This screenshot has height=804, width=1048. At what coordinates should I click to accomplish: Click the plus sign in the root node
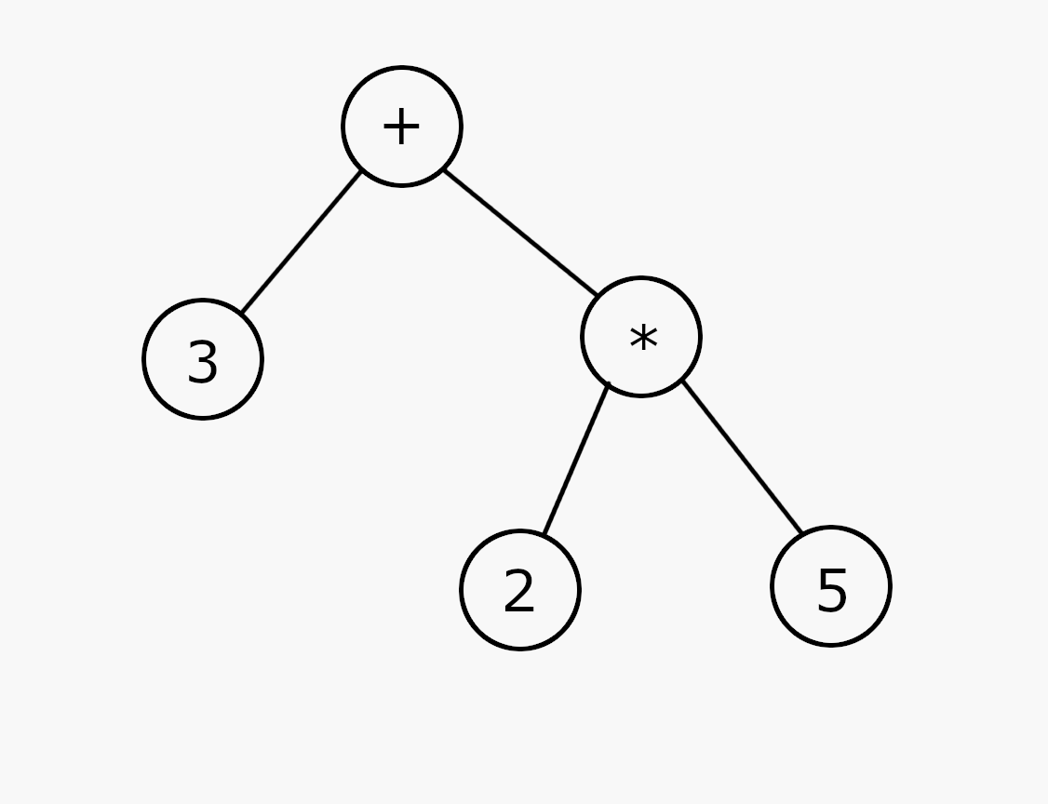[401, 126]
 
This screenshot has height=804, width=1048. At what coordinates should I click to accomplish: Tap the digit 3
[203, 362]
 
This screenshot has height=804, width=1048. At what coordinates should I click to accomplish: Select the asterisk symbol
[644, 338]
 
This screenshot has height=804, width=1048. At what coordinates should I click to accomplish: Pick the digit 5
[832, 589]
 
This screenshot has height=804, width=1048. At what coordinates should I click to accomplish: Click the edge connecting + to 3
[302, 242]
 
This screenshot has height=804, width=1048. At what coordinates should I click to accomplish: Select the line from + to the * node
[520, 233]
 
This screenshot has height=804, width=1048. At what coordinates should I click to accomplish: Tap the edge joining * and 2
[577, 459]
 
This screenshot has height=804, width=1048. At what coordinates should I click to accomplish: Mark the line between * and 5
[742, 457]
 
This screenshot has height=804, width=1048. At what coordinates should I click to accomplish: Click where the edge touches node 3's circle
[242, 313]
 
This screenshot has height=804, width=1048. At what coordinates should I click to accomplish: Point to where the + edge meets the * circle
[598, 295]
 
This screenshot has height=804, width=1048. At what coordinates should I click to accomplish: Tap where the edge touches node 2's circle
[544, 535]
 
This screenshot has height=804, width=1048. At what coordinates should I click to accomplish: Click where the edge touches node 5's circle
[802, 533]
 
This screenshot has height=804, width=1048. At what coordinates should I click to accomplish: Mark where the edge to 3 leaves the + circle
[361, 172]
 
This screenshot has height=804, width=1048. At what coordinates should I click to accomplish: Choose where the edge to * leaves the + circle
[444, 169]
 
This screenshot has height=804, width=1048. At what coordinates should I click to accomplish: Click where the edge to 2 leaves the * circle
[609, 383]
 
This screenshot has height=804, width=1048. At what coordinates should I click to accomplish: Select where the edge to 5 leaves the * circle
[681, 381]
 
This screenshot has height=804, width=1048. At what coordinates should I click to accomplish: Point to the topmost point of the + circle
[402, 67]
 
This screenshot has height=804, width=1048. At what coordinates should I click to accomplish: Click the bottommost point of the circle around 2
[520, 649]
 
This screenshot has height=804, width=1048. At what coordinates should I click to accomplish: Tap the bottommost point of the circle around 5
[831, 646]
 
